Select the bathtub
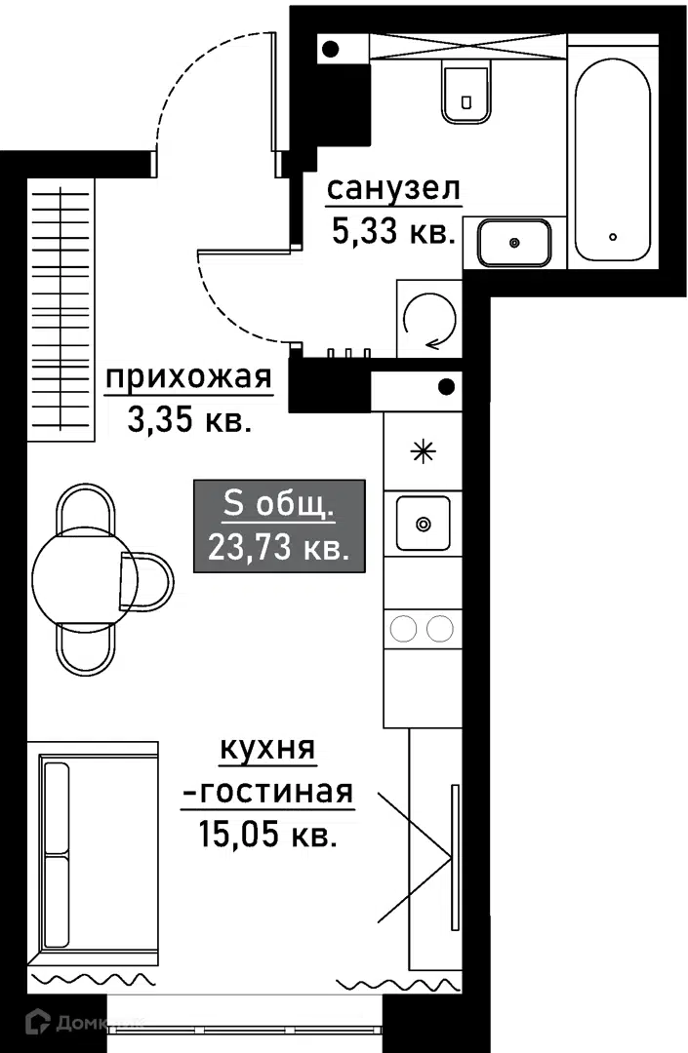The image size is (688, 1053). (613, 161)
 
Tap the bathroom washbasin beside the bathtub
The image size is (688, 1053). (514, 243)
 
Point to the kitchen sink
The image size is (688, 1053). (424, 524)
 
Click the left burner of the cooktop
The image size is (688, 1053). (405, 629)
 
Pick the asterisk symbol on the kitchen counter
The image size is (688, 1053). (424, 451)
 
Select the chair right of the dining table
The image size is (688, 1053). (146, 581)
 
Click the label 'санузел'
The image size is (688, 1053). (393, 189)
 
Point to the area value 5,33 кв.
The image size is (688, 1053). (394, 232)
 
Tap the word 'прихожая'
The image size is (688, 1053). (188, 377)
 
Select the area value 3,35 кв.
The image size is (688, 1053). (189, 421)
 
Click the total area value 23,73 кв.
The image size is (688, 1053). (279, 548)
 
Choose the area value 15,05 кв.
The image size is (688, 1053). (267, 835)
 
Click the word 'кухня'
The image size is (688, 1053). (267, 748)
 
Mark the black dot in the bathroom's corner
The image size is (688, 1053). (331, 49)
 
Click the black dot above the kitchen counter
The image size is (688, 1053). (446, 387)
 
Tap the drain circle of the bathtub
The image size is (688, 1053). (613, 236)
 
